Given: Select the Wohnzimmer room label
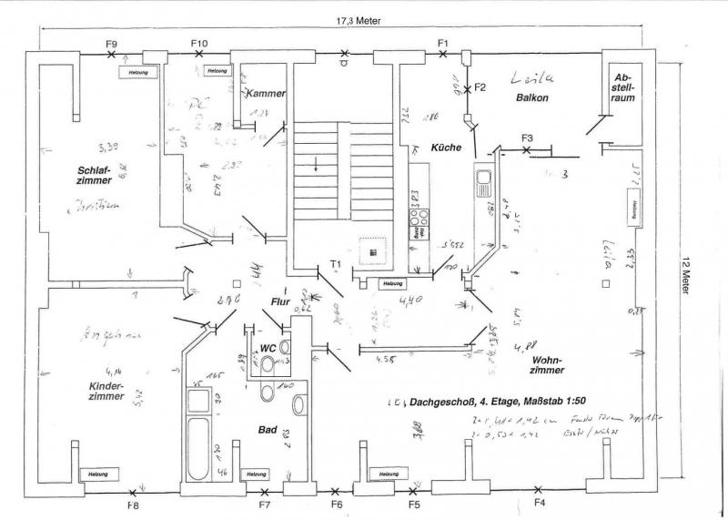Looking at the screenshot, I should [544, 364].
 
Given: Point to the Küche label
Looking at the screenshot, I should [446, 147].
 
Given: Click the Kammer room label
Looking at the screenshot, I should [266, 93].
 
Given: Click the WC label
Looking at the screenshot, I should [267, 348].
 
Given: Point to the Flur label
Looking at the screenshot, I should [279, 301].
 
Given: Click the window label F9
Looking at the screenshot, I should [112, 44].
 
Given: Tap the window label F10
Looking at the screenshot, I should [199, 44].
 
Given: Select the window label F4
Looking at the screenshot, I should [539, 503].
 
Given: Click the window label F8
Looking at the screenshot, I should [134, 505].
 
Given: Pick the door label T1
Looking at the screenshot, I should [335, 264].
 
